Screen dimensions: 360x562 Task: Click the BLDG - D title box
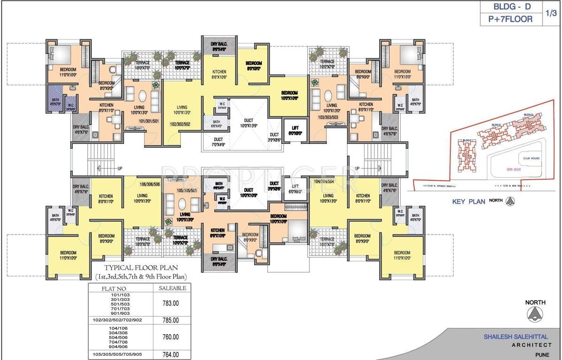[510, 7]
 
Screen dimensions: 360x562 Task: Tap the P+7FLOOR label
[510, 19]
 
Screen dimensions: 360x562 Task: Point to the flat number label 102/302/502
[180, 124]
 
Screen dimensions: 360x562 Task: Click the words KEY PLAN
[468, 202]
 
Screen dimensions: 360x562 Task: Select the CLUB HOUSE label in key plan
[532, 158]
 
